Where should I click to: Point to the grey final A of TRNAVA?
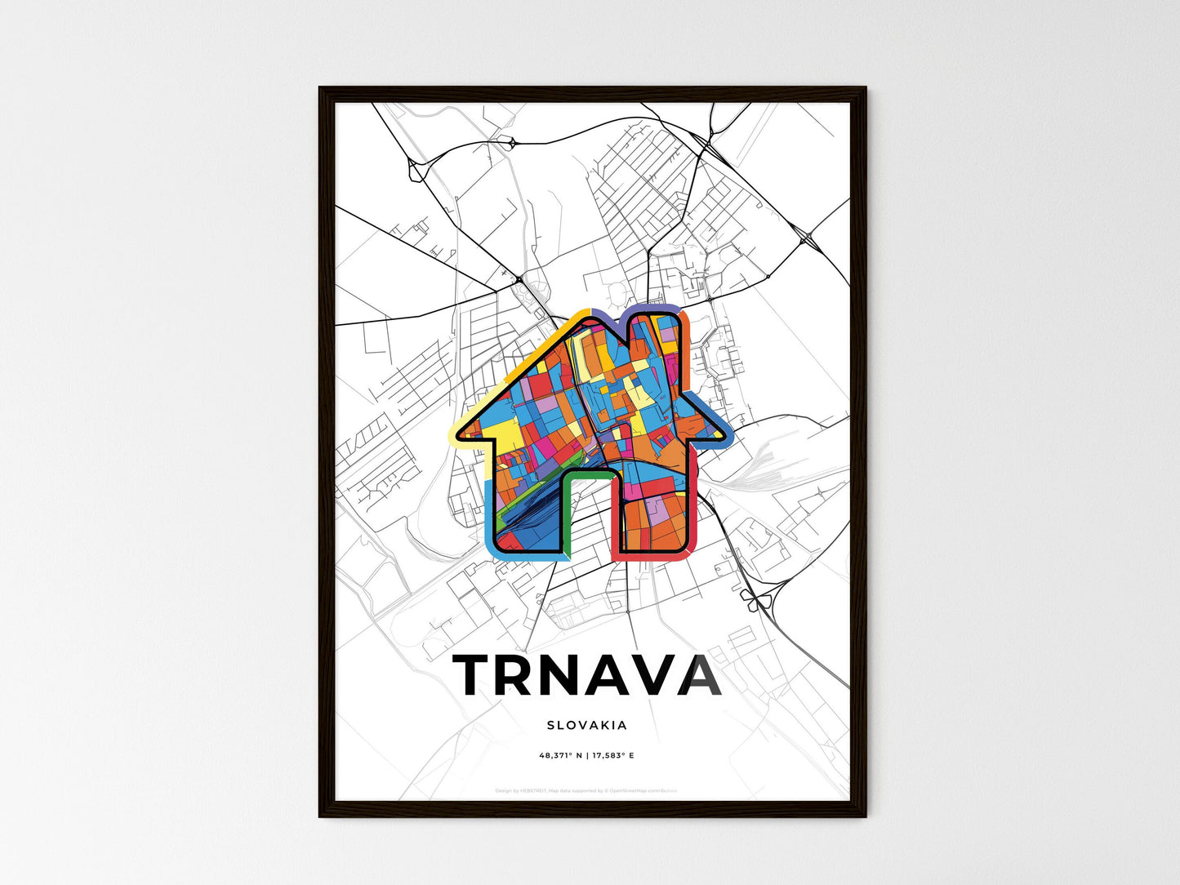(x=699, y=675)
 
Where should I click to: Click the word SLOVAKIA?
(x=587, y=725)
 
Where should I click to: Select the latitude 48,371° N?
(x=559, y=756)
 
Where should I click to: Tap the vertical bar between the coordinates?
(x=587, y=756)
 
